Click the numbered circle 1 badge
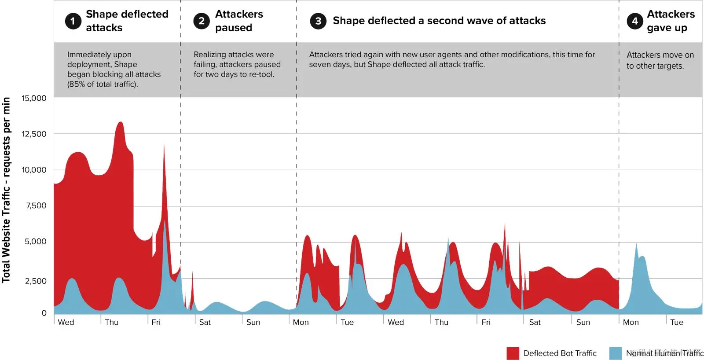pos(73,21)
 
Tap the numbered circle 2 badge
pos(202,21)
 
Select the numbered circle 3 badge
pos(318,21)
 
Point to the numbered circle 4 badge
pos(634,21)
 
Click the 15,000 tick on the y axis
pos(34,98)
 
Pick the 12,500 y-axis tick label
pos(34,134)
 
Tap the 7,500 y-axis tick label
pos(36,206)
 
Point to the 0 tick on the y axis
pos(44,313)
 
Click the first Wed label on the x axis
pos(66,322)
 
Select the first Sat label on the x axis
pos(205,322)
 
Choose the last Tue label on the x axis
pos(676,322)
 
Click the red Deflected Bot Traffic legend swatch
pos(513,353)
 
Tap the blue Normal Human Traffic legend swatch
pos(615,353)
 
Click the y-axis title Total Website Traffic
pos(6,190)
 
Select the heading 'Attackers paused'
pos(238,21)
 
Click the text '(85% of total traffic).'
pos(103,84)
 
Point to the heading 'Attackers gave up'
pos(670,21)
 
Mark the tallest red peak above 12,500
pos(120,123)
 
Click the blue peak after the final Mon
pos(636,245)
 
